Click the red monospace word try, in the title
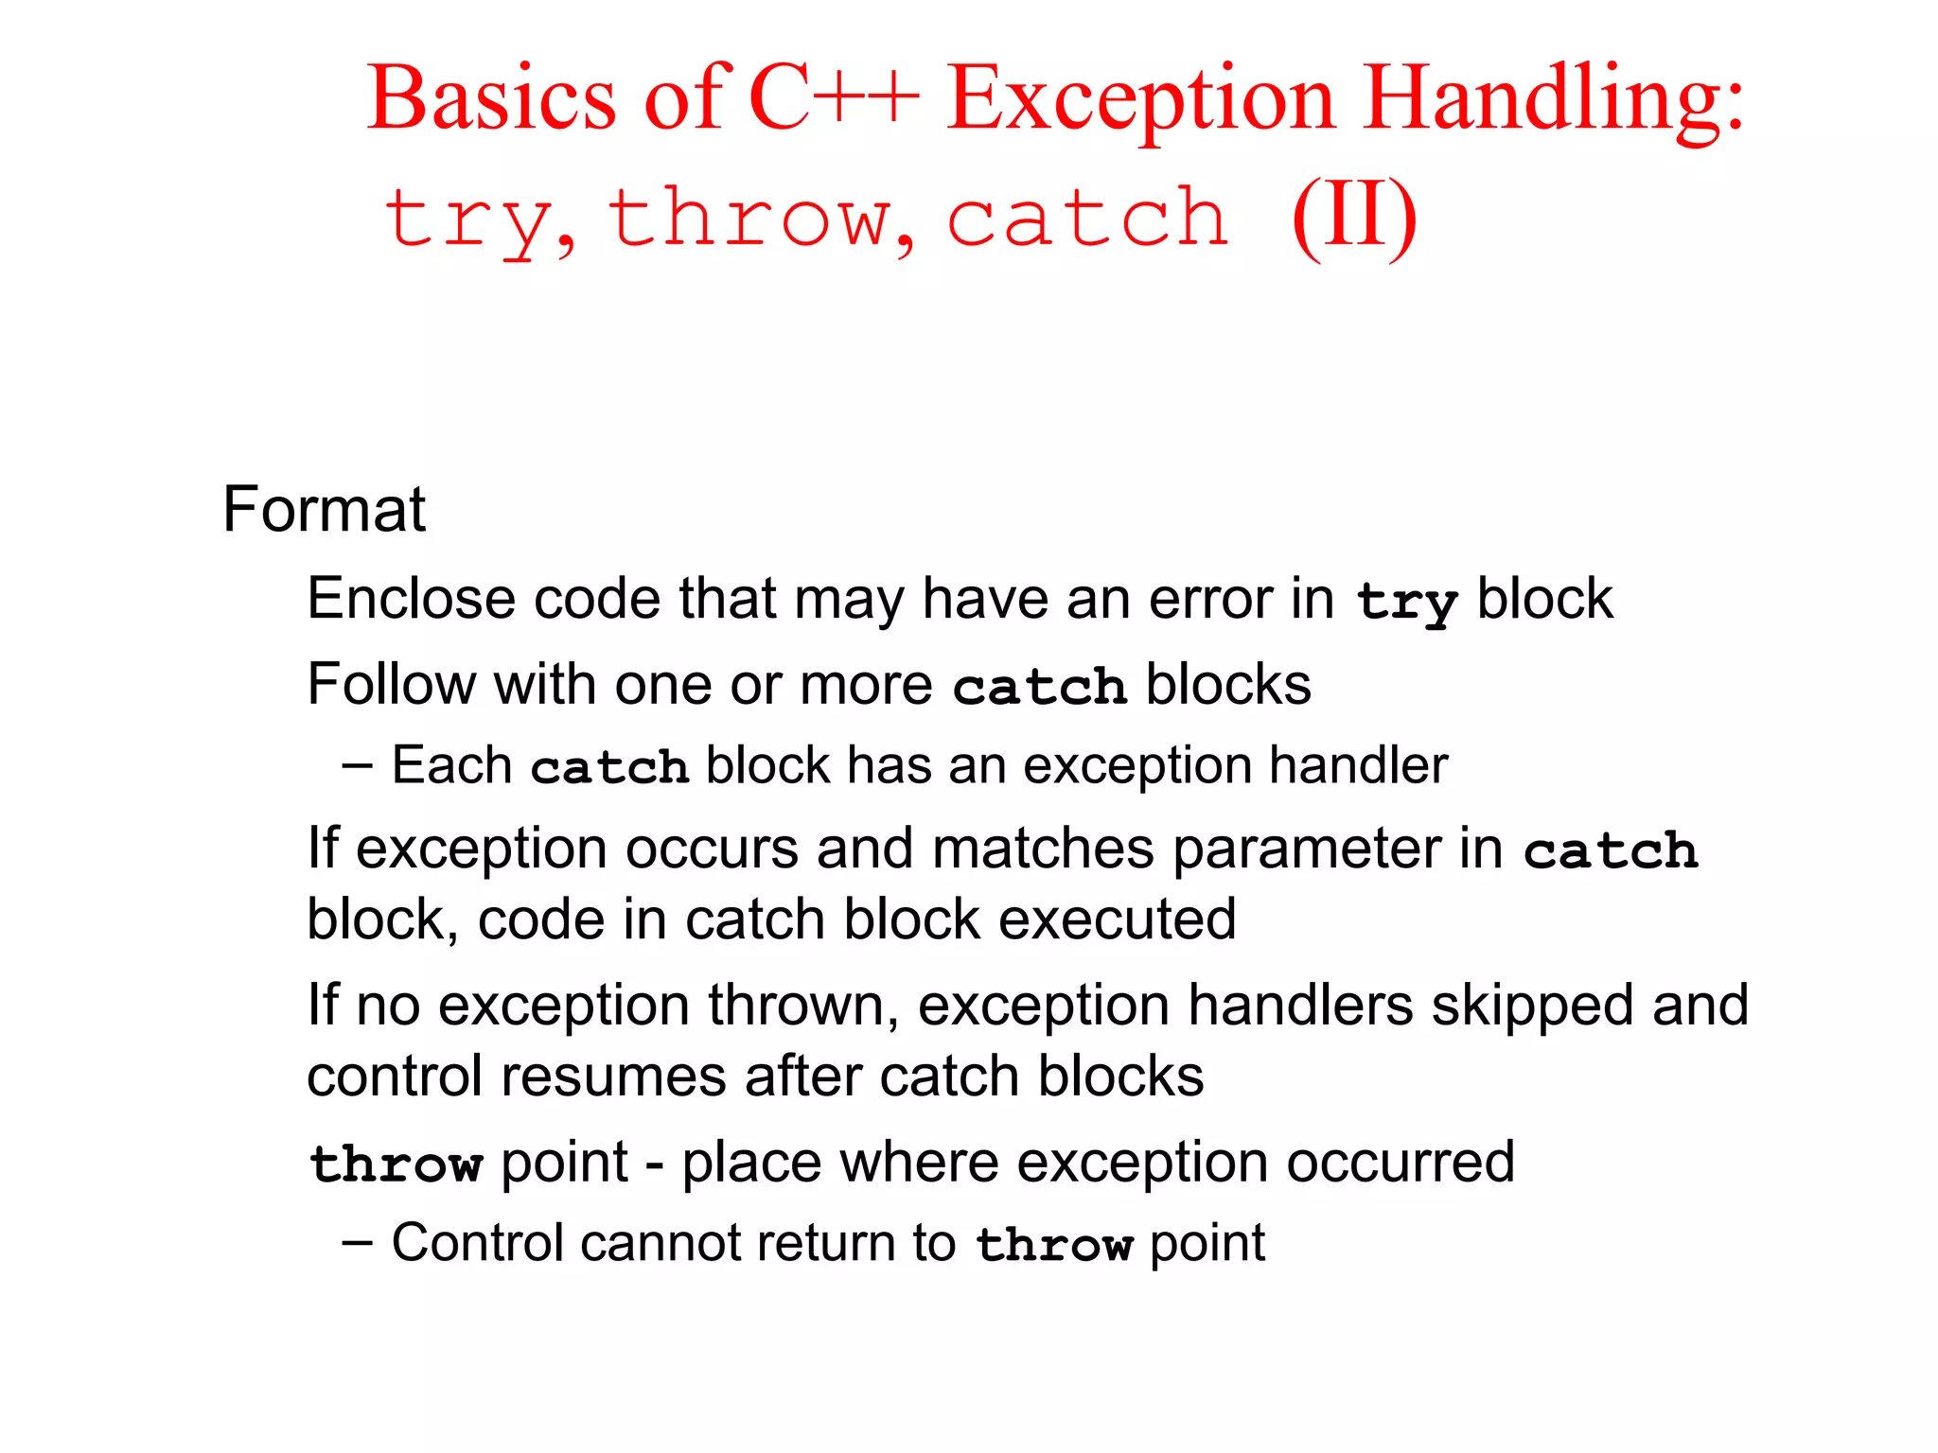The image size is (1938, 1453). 479,220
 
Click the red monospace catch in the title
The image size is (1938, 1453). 1088,219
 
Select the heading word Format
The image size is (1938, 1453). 324,510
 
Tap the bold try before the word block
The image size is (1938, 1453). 1406,602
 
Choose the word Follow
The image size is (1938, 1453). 391,684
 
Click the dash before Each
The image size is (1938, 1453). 358,764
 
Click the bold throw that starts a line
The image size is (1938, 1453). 396,1164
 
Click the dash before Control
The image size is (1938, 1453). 358,1242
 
